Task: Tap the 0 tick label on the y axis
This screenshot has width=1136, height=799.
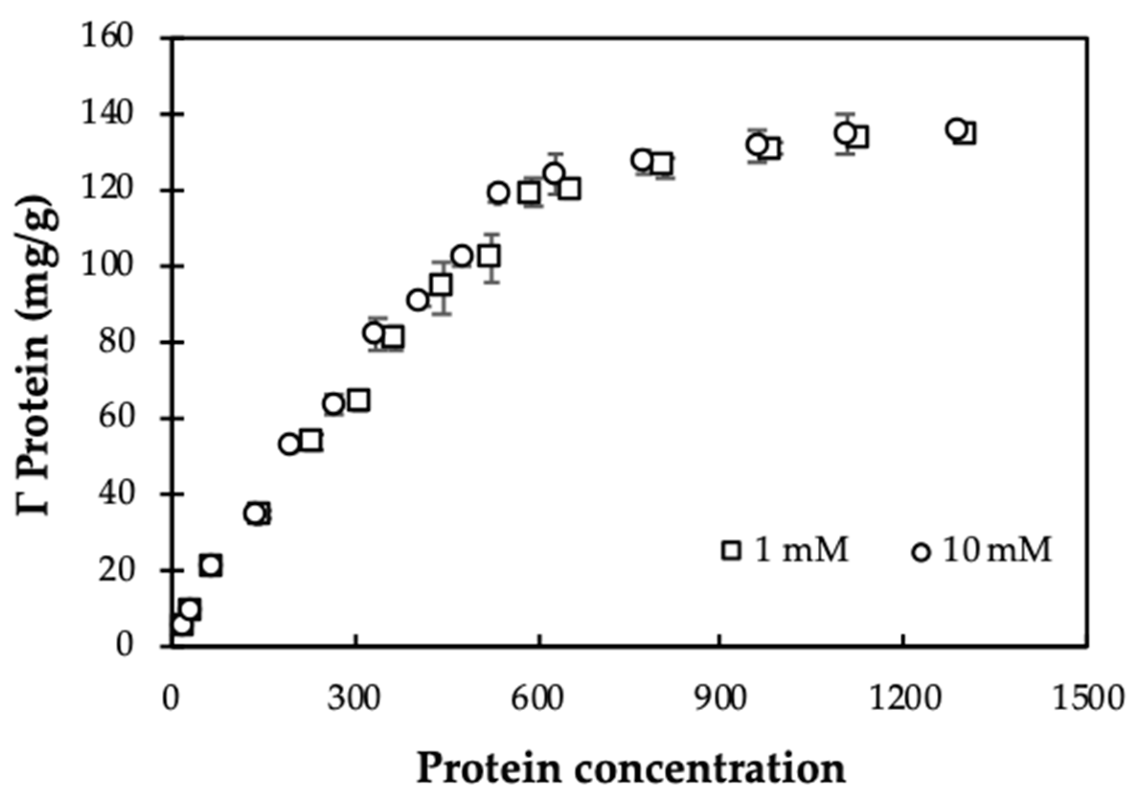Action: click(x=125, y=646)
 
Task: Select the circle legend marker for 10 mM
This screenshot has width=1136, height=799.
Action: click(x=921, y=552)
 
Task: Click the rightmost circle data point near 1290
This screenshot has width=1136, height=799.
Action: click(x=957, y=129)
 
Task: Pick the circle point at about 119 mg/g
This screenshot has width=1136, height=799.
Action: click(x=498, y=193)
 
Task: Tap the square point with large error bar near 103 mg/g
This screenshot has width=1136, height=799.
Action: click(x=490, y=256)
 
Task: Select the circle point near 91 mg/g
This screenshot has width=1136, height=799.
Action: click(x=418, y=300)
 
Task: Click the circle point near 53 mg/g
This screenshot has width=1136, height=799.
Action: click(x=289, y=444)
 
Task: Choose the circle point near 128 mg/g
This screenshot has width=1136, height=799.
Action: click(x=642, y=160)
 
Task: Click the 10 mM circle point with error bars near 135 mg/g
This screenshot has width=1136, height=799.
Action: click(x=846, y=133)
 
